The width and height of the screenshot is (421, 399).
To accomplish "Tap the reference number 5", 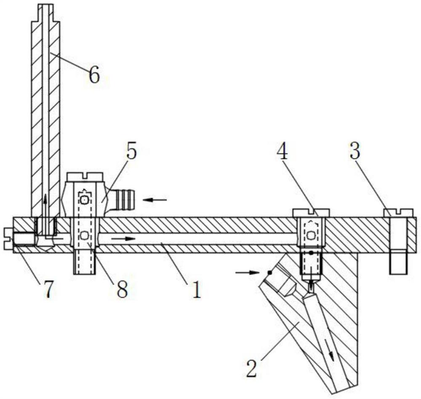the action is tap(131, 152).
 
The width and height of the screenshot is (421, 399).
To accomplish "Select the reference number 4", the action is tap(282, 153).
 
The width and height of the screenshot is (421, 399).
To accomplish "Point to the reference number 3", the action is tap(355, 152).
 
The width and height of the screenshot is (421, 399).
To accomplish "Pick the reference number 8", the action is tap(122, 290).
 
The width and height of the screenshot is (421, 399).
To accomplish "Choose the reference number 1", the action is tap(196, 290).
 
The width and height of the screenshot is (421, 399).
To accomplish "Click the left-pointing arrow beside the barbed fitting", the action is tap(155, 200).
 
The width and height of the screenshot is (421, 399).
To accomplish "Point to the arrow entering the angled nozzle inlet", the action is tap(247, 272).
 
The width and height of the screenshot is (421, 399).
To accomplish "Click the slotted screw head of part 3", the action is tap(398, 213).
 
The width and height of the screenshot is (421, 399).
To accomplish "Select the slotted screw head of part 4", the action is tap(311, 212).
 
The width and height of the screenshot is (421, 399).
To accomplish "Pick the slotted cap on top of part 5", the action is tap(85, 177).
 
